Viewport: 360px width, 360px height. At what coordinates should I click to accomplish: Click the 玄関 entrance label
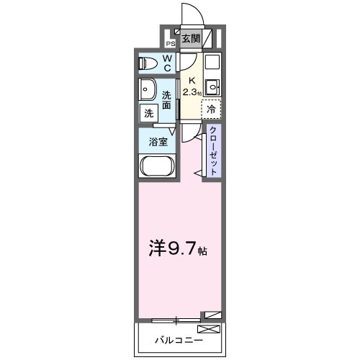click(191, 39)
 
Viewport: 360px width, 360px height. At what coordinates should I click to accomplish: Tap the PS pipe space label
click(171, 43)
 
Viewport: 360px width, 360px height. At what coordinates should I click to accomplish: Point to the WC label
click(166, 63)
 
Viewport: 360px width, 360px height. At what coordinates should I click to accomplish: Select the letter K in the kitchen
click(191, 81)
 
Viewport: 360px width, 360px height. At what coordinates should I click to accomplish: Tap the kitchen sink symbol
click(212, 88)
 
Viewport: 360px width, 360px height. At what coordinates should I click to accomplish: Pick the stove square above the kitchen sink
click(212, 61)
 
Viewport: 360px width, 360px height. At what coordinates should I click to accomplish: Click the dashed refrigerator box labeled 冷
click(211, 109)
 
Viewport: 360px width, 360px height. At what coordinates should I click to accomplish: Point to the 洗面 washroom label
click(166, 100)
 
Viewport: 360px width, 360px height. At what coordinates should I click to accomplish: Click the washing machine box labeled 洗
click(149, 113)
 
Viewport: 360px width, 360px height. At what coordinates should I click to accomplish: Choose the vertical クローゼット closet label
click(214, 149)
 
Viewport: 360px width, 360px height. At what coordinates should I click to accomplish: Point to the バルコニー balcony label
click(176, 338)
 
